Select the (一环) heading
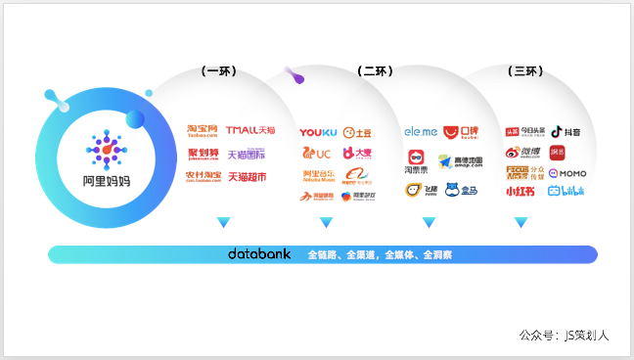(218, 71)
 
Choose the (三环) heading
(525, 71)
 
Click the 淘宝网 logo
(203, 131)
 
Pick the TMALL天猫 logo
(250, 130)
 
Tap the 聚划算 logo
(204, 155)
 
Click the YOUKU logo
(318, 132)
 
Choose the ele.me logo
(421, 131)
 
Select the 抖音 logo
(566, 131)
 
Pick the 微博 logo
(522, 152)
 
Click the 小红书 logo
(521, 192)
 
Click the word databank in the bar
(259, 253)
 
